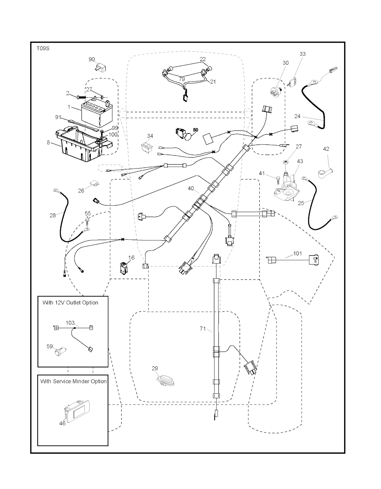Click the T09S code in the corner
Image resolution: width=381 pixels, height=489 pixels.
coord(42,48)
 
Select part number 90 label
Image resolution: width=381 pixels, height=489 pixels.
coord(92,59)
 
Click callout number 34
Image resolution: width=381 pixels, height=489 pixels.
coord(150,136)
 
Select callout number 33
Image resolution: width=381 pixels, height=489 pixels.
coord(302,54)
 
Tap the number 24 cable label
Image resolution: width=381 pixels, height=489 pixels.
coord(297,116)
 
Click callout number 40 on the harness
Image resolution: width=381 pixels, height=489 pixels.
coord(190,189)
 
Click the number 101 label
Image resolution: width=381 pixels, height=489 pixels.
coord(298,254)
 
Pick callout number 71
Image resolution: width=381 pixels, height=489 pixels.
coord(202,328)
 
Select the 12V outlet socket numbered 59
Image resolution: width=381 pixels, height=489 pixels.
coord(60,351)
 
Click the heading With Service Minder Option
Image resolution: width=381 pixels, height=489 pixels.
coord(73,381)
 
